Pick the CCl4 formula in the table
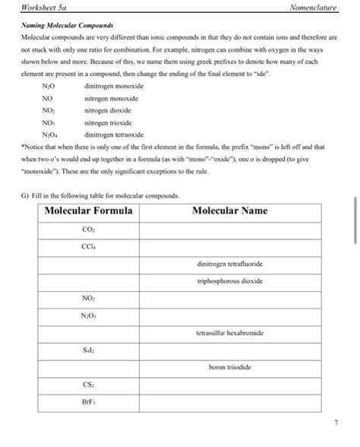[x=88, y=246]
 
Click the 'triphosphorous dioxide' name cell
[x=229, y=281]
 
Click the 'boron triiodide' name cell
[x=229, y=367]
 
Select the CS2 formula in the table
[x=88, y=385]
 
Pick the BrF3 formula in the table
[x=88, y=402]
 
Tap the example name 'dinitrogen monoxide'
[x=113, y=86]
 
